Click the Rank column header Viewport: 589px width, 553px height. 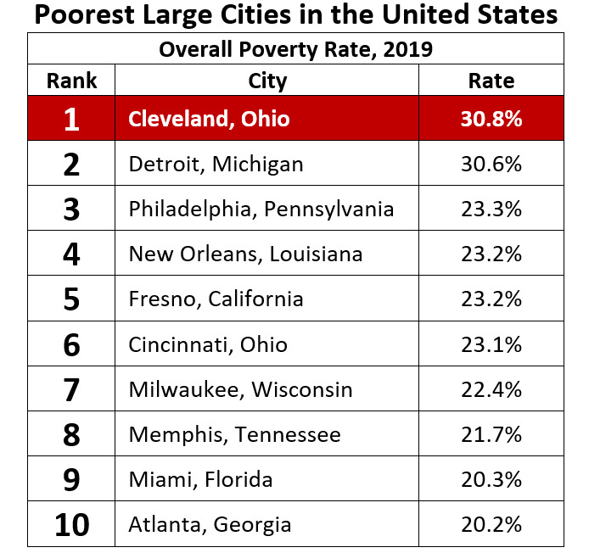[71, 81]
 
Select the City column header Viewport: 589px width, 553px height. [267, 81]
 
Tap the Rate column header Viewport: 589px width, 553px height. [491, 81]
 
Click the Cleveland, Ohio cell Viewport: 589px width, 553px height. [209, 119]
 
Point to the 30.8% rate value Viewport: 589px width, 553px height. [491, 119]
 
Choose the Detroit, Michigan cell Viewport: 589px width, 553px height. [216, 164]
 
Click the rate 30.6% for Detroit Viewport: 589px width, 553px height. [491, 164]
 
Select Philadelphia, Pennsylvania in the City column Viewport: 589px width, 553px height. [261, 209]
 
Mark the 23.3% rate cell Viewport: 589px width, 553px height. [491, 209]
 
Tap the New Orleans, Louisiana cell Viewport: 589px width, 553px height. [245, 254]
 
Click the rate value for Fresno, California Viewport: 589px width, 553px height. [491, 299]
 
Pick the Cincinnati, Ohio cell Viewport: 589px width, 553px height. [208, 344]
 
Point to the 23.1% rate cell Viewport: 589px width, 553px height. [491, 344]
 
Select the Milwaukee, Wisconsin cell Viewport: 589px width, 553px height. [240, 389]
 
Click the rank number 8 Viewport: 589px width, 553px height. [71, 435]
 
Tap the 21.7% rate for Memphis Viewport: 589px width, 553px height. [491, 435]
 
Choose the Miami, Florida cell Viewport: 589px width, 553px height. [200, 480]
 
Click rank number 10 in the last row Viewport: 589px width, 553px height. [71, 525]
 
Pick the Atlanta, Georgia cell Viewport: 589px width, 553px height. [210, 525]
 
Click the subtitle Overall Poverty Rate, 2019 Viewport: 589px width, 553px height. [295, 49]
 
